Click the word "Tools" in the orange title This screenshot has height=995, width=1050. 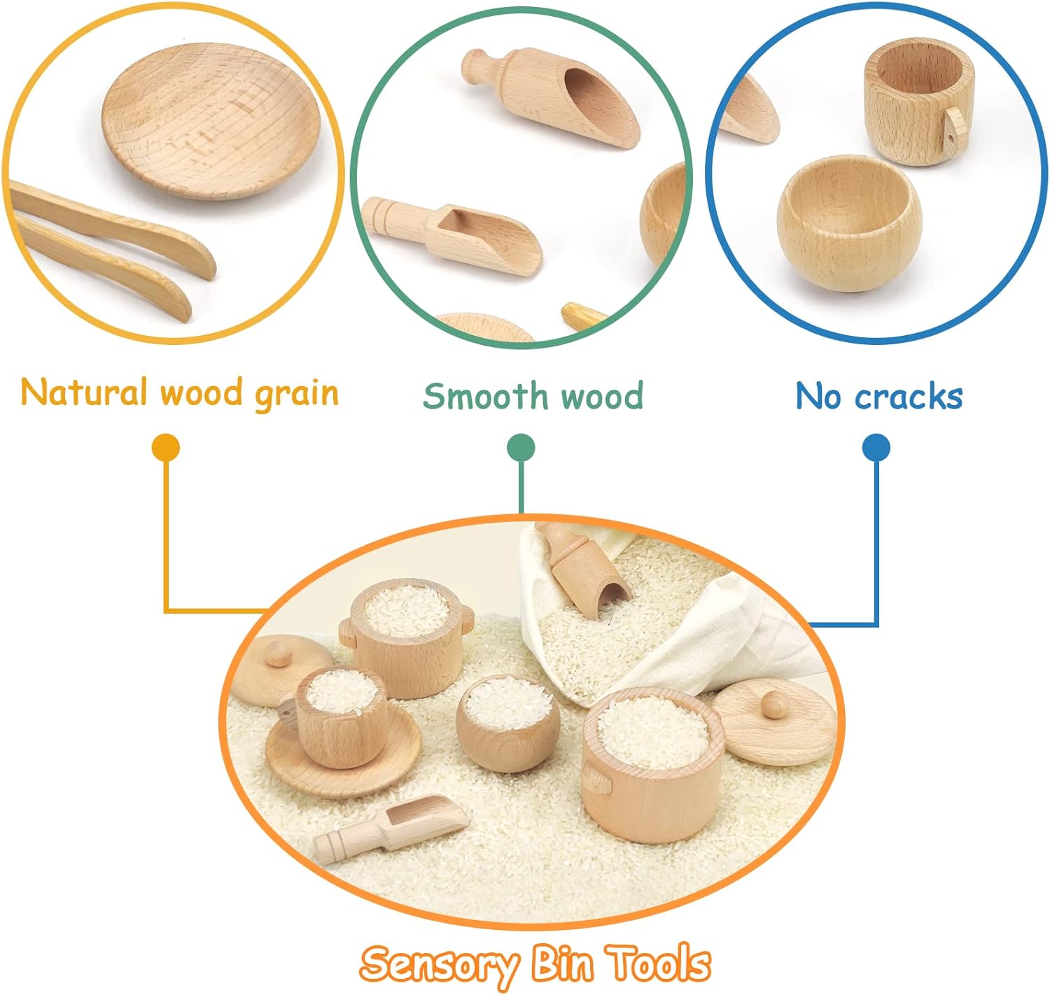point(659,964)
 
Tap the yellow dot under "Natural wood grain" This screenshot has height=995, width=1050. point(166,448)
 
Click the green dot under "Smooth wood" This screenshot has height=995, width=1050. point(521,448)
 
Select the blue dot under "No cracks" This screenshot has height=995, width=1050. point(876,448)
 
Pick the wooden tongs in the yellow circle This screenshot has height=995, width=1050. point(112,245)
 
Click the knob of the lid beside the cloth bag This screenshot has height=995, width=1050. point(773,703)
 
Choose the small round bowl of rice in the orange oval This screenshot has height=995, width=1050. point(507,724)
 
